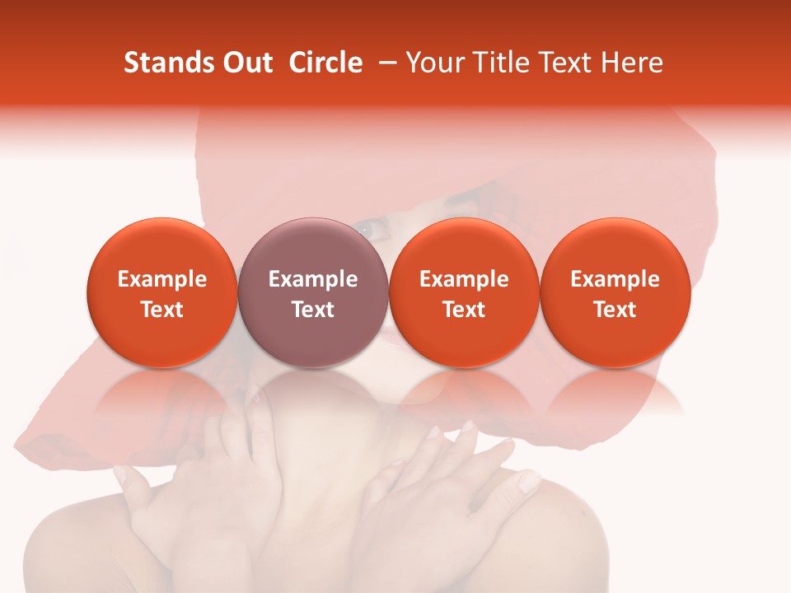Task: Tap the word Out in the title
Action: tap(246, 63)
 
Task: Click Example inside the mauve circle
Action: tap(313, 279)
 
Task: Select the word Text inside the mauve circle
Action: tap(313, 310)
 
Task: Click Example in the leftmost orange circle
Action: tap(162, 279)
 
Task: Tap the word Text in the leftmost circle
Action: tap(162, 310)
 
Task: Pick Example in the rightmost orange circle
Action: tap(615, 279)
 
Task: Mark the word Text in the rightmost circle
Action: tap(615, 310)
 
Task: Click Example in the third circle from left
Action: tap(464, 279)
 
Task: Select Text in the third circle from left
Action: tap(464, 310)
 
